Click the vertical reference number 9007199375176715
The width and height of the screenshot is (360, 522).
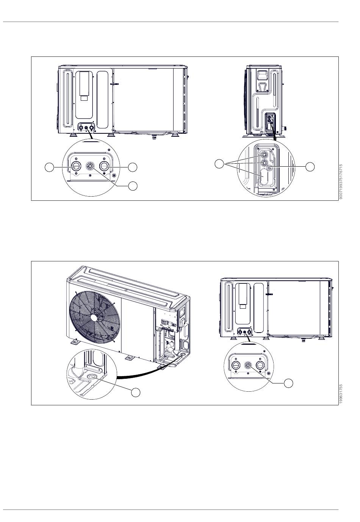(x=341, y=181)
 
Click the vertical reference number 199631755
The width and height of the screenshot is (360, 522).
(x=341, y=394)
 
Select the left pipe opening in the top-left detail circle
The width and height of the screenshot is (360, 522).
(x=75, y=166)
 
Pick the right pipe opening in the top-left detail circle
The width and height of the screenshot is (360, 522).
(x=104, y=166)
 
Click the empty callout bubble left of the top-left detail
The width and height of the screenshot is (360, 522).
(x=49, y=167)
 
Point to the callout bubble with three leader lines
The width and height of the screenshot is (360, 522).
(x=219, y=164)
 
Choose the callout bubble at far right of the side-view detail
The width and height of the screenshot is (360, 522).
(x=310, y=167)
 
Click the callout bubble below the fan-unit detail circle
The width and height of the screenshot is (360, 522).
(x=135, y=392)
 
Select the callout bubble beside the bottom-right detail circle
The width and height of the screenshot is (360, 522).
(x=288, y=383)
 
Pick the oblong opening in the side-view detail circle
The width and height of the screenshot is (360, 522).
(x=265, y=177)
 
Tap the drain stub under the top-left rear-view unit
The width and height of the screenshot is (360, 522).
(x=153, y=136)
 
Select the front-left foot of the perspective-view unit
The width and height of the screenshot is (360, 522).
(x=74, y=342)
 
